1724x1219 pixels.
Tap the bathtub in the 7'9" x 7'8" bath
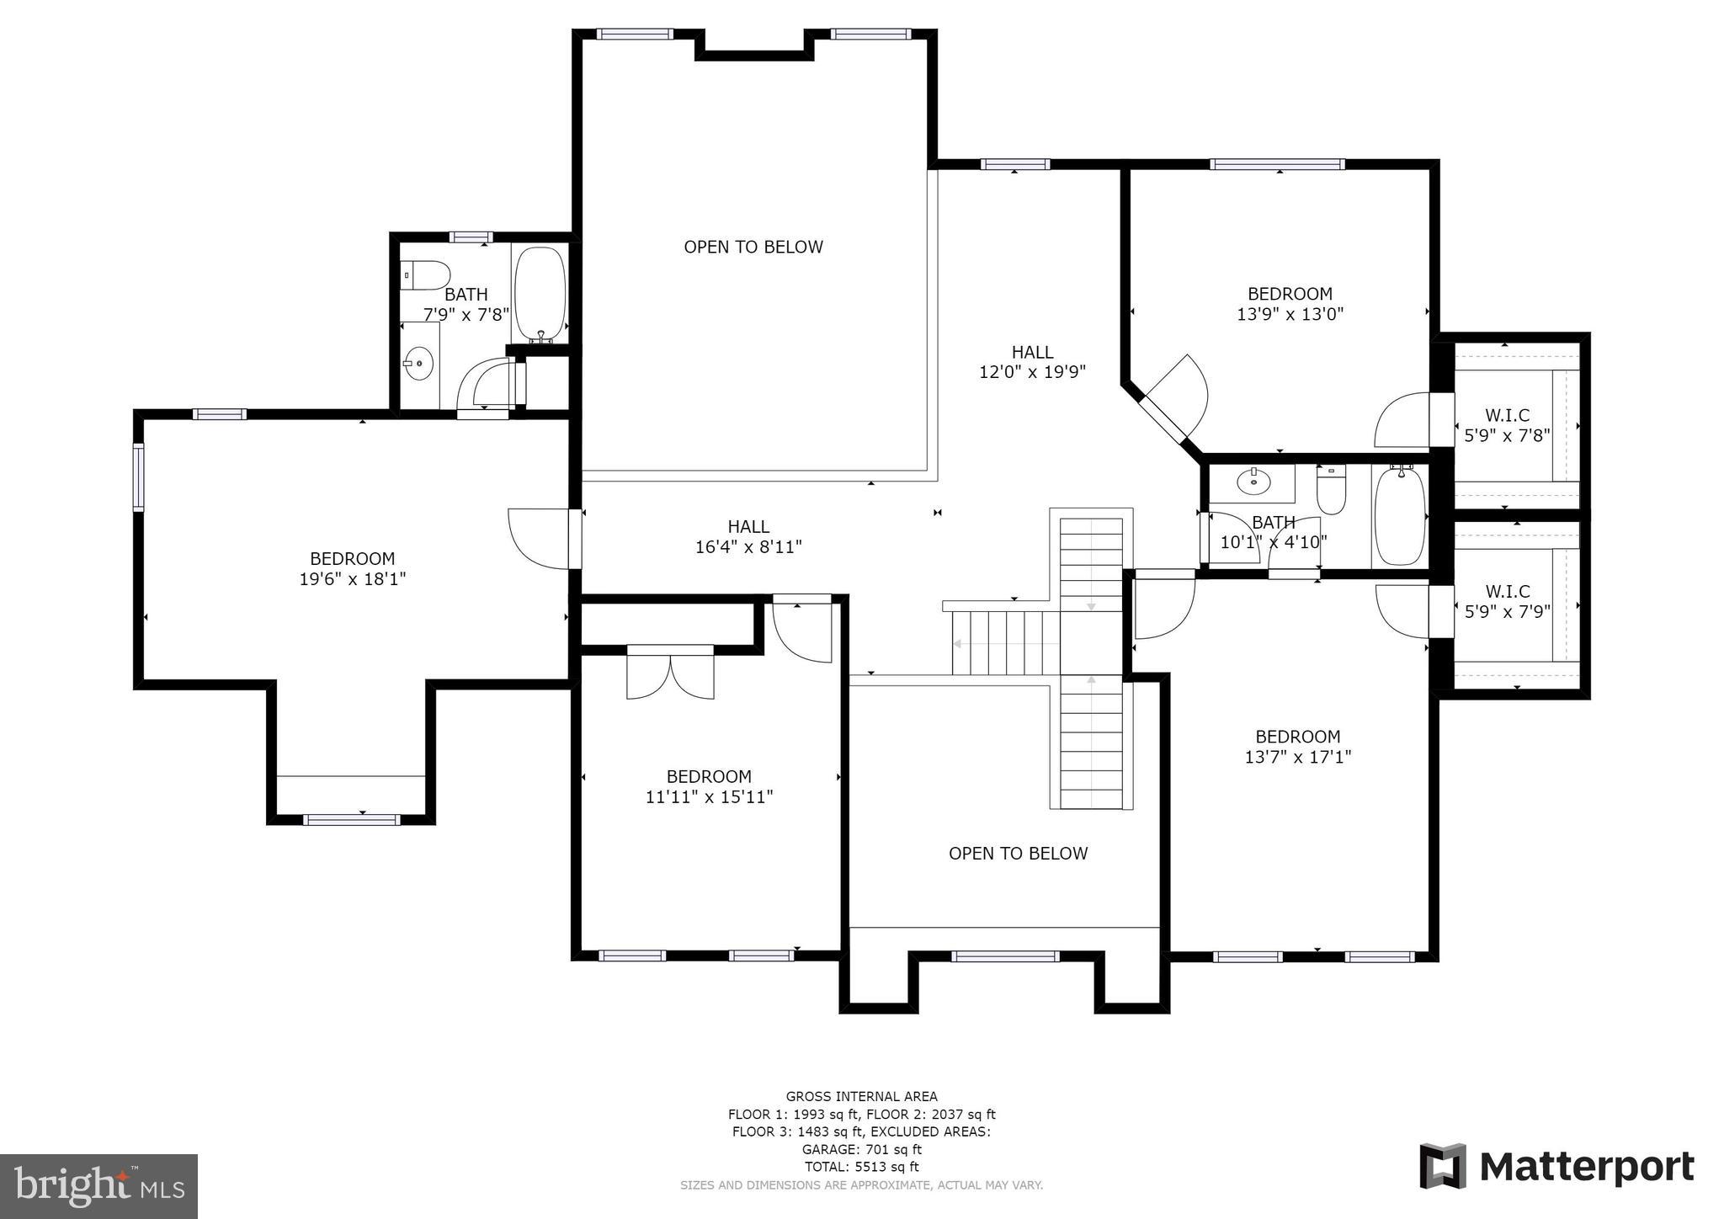pyautogui.click(x=540, y=294)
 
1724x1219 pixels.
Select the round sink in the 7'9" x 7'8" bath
pyautogui.click(x=418, y=364)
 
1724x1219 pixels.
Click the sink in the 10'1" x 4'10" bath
pyautogui.click(x=1253, y=482)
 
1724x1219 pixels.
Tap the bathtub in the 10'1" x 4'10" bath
pyautogui.click(x=1399, y=514)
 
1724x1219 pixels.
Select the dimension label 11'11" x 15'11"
pyautogui.click(x=710, y=796)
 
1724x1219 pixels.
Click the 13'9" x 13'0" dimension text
pyautogui.click(x=1290, y=314)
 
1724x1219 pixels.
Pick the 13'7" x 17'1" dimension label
pyautogui.click(x=1298, y=757)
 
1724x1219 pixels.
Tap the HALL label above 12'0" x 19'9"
pyautogui.click(x=1032, y=352)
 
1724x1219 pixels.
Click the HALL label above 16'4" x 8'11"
pyautogui.click(x=748, y=526)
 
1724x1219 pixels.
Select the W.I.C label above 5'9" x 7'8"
pyautogui.click(x=1507, y=415)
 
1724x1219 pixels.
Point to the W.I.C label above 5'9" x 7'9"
pyautogui.click(x=1507, y=591)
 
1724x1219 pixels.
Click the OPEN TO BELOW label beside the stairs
pyautogui.click(x=1018, y=854)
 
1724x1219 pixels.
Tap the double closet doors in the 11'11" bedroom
pyautogui.click(x=671, y=672)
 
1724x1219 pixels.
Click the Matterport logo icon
pyautogui.click(x=1443, y=1166)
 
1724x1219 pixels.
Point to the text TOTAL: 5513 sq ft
pyautogui.click(x=861, y=1167)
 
